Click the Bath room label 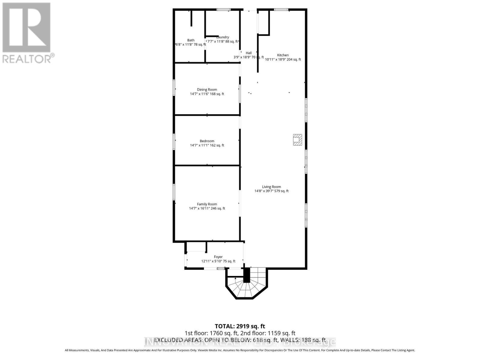(191, 40)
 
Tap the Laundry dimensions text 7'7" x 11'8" (223, 41)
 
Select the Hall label (249, 53)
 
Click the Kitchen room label (283, 55)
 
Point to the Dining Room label (207, 89)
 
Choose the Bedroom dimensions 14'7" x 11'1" (207, 145)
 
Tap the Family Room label (207, 204)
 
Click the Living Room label (271, 187)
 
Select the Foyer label (218, 257)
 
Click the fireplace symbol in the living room (298, 140)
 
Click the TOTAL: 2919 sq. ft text (240, 326)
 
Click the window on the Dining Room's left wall (174, 88)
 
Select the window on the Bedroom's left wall (174, 142)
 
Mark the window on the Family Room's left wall (174, 192)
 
